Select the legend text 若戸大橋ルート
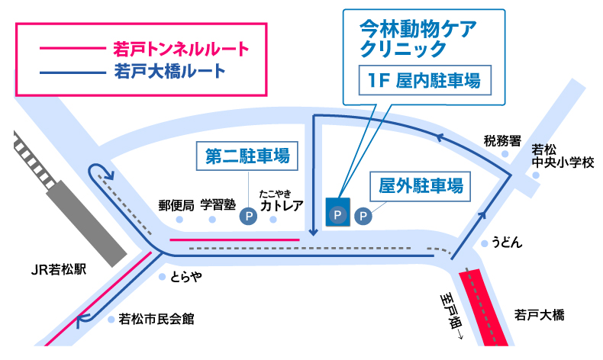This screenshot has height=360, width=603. coord(169,72)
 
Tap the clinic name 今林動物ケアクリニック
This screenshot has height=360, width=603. coord(418,38)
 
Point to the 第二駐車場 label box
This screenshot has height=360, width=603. coord(247,156)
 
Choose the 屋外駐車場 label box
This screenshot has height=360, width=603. coord(420,185)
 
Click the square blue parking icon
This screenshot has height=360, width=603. coord(337,211)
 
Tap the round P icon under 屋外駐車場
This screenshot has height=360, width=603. coord(364,217)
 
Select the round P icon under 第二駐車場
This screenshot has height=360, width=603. coord(248,217)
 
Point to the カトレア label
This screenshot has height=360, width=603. coord(282,205)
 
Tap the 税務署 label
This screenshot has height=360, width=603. coord(501,141)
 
